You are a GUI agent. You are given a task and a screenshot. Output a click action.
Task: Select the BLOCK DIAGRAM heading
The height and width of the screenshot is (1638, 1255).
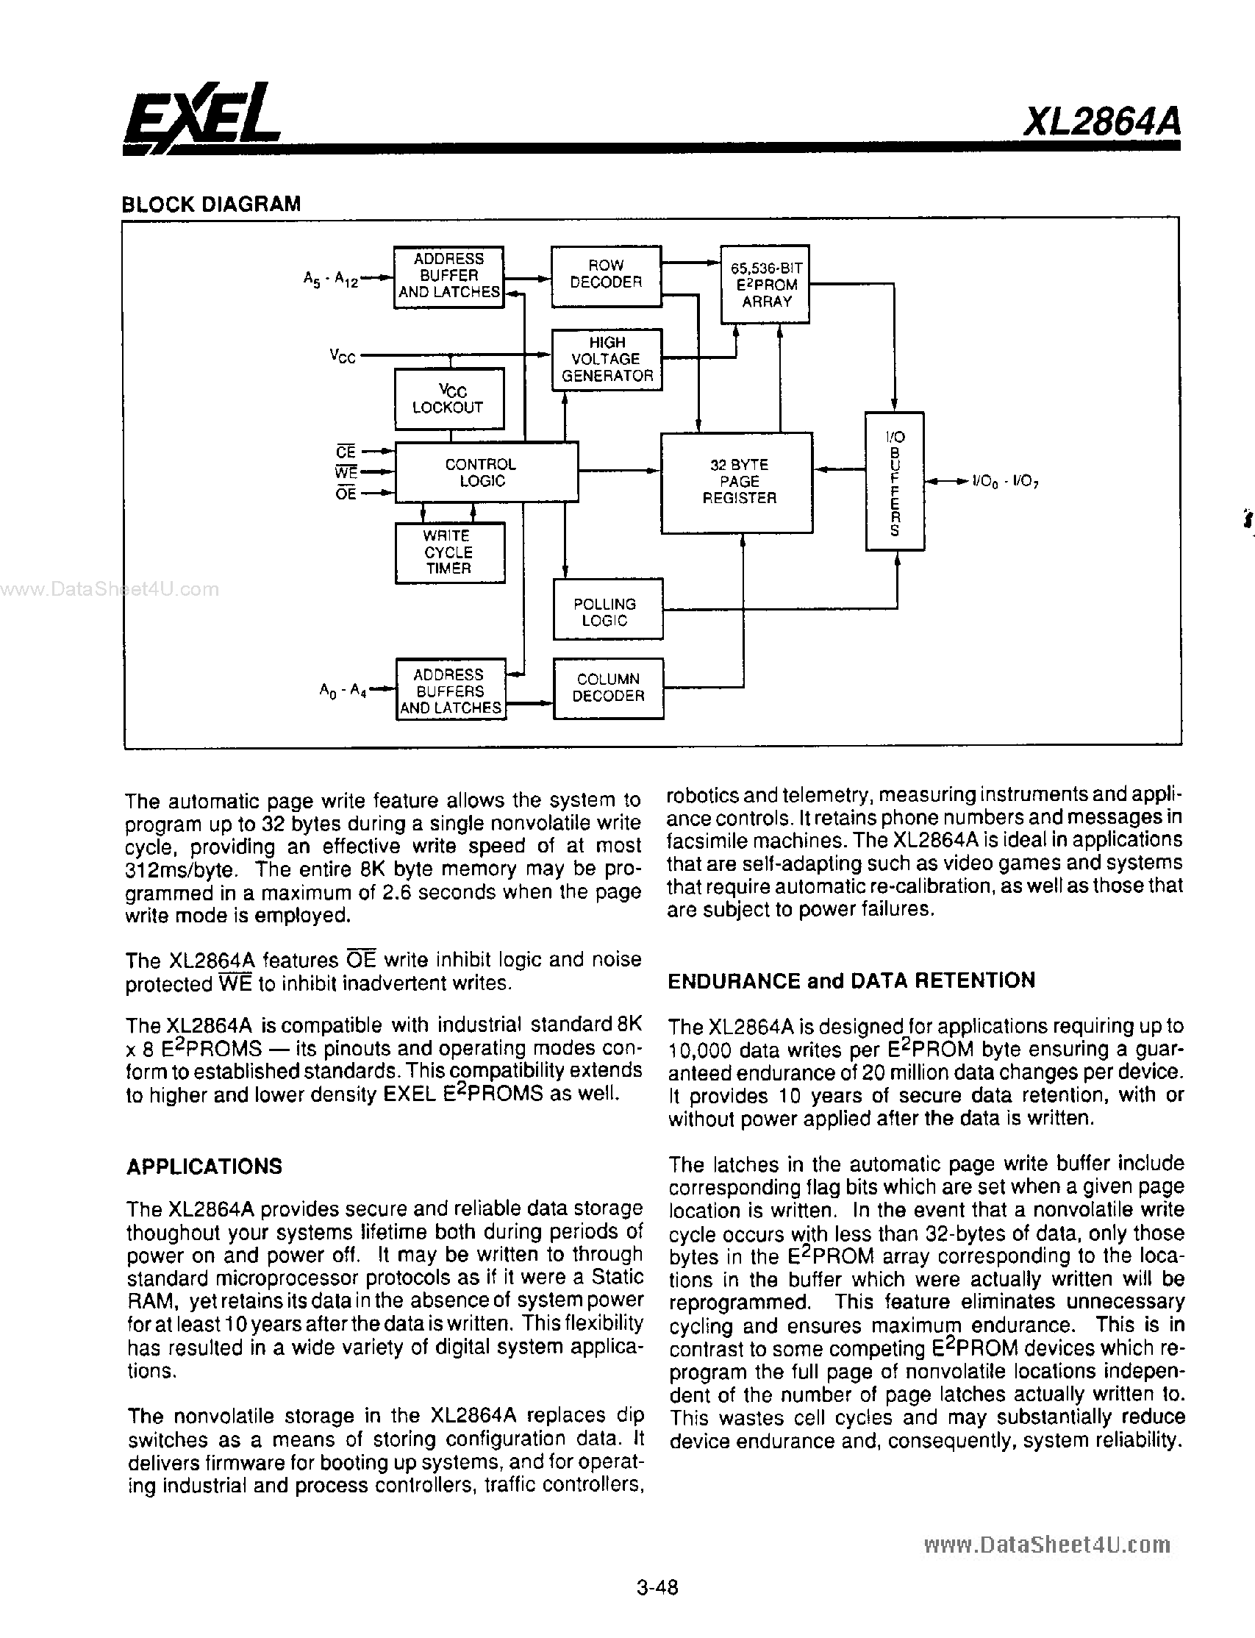211,204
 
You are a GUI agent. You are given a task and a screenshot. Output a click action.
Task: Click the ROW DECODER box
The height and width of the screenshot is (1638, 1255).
606,276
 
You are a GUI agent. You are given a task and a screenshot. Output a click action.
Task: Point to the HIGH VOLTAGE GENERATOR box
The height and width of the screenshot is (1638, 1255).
607,360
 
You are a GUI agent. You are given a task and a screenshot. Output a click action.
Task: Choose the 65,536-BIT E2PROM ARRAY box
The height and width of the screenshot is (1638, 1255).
765,285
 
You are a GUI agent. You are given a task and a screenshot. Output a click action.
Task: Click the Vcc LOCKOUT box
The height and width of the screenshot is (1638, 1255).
448,399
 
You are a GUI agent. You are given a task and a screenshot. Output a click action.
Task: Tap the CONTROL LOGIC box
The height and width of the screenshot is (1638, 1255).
485,472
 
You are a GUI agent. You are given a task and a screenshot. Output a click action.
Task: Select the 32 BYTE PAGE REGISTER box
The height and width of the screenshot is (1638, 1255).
737,482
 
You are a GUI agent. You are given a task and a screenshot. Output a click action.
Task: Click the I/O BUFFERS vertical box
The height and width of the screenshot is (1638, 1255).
895,481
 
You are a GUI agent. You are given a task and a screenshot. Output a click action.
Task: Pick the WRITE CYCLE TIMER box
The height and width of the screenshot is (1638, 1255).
448,552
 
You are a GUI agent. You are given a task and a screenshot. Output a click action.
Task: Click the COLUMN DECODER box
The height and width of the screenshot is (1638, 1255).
608,688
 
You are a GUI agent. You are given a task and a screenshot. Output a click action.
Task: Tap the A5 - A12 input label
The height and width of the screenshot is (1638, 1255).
330,279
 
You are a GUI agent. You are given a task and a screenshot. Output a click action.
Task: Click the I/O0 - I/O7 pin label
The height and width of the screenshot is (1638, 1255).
1006,483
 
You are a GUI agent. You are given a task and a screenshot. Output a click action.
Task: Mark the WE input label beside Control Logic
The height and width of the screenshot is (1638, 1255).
346,472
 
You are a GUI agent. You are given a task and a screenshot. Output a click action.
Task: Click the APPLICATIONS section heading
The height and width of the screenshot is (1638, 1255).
204,1167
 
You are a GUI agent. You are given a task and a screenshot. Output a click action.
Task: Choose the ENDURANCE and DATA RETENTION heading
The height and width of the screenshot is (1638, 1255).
851,980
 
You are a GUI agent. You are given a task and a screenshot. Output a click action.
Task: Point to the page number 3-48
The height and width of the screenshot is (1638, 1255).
657,1608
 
